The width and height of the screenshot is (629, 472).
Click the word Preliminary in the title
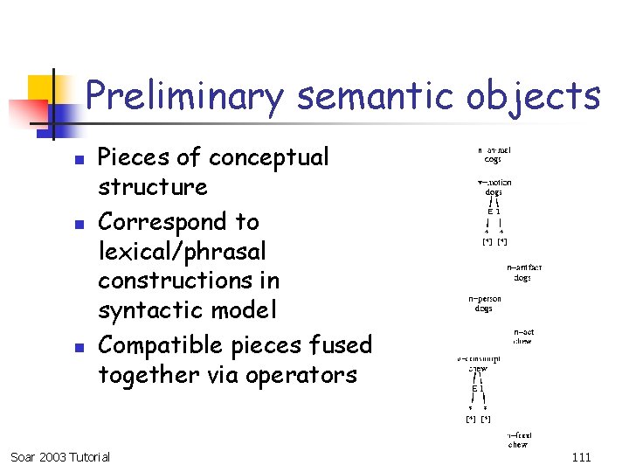(184, 96)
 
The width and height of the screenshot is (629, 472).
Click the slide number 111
(581, 457)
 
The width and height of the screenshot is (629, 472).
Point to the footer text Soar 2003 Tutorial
(60, 457)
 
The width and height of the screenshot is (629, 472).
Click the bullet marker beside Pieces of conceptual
(78, 161)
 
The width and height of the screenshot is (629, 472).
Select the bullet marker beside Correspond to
(78, 225)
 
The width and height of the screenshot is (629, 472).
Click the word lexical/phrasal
(182, 252)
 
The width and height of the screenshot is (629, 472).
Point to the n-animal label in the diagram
(494, 150)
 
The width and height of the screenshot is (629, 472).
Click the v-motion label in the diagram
(494, 183)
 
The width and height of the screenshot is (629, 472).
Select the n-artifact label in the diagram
(523, 268)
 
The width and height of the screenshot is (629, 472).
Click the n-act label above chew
(523, 332)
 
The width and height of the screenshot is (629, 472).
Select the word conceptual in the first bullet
(268, 157)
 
